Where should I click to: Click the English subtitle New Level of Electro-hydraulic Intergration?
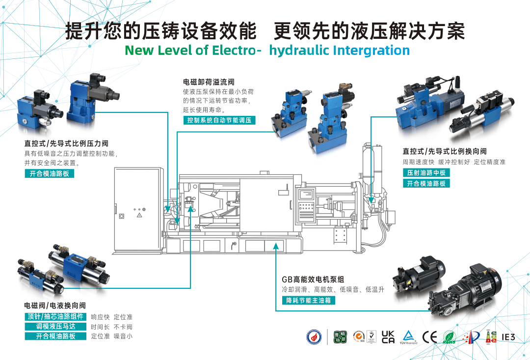[267, 50]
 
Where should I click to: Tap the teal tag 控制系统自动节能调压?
[220, 120]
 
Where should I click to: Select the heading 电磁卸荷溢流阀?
[209, 82]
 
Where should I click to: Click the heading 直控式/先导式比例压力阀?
[66, 143]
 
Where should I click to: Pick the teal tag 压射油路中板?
[426, 173]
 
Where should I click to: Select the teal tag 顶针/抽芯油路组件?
[56, 317]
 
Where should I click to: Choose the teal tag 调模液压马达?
[56, 327]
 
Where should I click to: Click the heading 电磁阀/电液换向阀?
[55, 305]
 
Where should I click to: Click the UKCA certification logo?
[388, 336]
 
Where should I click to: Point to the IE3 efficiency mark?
[508, 337]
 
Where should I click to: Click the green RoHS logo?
[449, 337]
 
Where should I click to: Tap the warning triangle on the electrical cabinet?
[139, 215]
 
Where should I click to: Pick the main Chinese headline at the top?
[265, 30]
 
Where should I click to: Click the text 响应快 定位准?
[112, 317]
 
